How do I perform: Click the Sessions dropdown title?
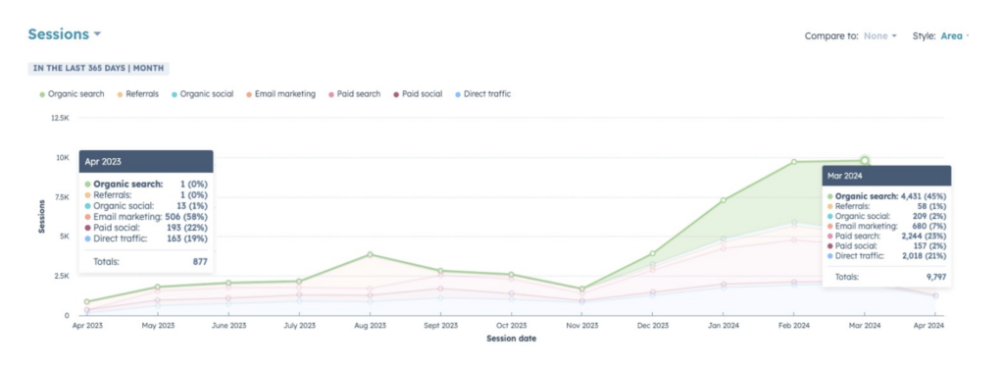(64, 34)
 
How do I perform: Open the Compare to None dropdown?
(879, 36)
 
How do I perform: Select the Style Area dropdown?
(954, 36)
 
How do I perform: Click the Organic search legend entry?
(72, 94)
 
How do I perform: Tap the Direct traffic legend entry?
(481, 94)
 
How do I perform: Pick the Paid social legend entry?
(418, 94)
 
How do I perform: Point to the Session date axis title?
(511, 340)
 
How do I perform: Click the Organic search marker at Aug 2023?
(370, 255)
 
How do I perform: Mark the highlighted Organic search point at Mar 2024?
(865, 160)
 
